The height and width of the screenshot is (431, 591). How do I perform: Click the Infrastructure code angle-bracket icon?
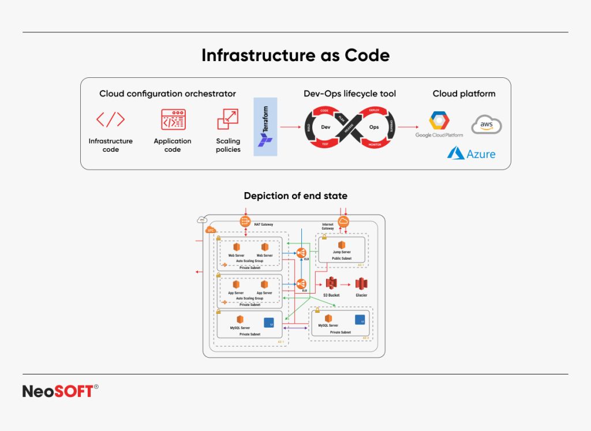pyautogui.click(x=110, y=119)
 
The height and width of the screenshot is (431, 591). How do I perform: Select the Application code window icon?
pyautogui.click(x=173, y=119)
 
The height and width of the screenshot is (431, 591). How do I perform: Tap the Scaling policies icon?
pyautogui.click(x=227, y=119)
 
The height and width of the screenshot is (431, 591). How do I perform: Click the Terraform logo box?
pyautogui.click(x=265, y=126)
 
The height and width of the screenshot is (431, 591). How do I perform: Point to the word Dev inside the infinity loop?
pyautogui.click(x=325, y=126)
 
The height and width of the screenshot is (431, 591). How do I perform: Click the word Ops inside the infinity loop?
pyautogui.click(x=374, y=126)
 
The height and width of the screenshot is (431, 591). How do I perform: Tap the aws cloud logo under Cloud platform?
pyautogui.click(x=486, y=125)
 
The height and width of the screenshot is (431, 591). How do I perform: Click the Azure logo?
pyautogui.click(x=472, y=153)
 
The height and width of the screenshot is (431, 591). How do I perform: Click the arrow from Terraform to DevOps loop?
pyautogui.click(x=291, y=126)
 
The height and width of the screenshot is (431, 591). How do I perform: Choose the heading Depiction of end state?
pyautogui.click(x=295, y=196)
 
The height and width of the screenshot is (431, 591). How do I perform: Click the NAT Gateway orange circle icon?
pyautogui.click(x=244, y=222)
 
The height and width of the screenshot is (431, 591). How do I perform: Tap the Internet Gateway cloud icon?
pyautogui.click(x=343, y=222)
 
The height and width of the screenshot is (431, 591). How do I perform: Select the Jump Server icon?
pyautogui.click(x=342, y=245)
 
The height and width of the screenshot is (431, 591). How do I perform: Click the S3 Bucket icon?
pyautogui.click(x=331, y=284)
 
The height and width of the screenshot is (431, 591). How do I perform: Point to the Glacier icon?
pyautogui.click(x=361, y=284)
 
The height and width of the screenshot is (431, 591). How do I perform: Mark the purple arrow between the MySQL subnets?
pyautogui.click(x=295, y=328)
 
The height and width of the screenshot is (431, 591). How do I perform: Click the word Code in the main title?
pyautogui.click(x=367, y=55)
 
